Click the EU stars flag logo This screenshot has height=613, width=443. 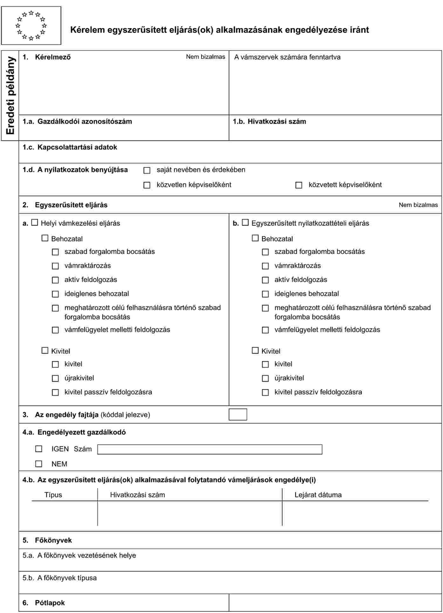pos(31,25)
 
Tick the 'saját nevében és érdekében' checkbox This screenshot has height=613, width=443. pos(147,170)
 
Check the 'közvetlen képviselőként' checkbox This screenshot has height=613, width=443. pos(147,185)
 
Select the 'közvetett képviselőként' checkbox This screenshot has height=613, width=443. pos(299,185)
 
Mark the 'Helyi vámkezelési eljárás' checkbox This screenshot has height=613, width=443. pos(35,222)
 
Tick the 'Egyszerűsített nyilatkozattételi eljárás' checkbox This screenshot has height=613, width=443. pos(245,222)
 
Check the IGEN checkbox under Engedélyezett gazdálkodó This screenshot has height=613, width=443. pos(39,449)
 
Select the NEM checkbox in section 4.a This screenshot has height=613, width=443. pos(39,464)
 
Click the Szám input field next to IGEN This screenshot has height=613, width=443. pos(209,449)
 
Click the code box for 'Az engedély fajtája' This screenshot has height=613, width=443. pos(238,414)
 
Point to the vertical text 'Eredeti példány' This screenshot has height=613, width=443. pos(10,95)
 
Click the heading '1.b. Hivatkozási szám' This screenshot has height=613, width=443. pos(269,121)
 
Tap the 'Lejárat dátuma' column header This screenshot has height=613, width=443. pos(318,495)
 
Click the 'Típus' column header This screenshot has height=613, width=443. pos(53,495)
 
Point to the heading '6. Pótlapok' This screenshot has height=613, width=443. pos(44,603)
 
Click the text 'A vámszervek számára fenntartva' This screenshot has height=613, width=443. pos(287,57)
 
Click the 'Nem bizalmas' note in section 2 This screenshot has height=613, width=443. pos(418,205)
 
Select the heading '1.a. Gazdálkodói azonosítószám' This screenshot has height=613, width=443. pos(77,121)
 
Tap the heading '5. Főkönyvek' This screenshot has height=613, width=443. pos(47,540)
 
